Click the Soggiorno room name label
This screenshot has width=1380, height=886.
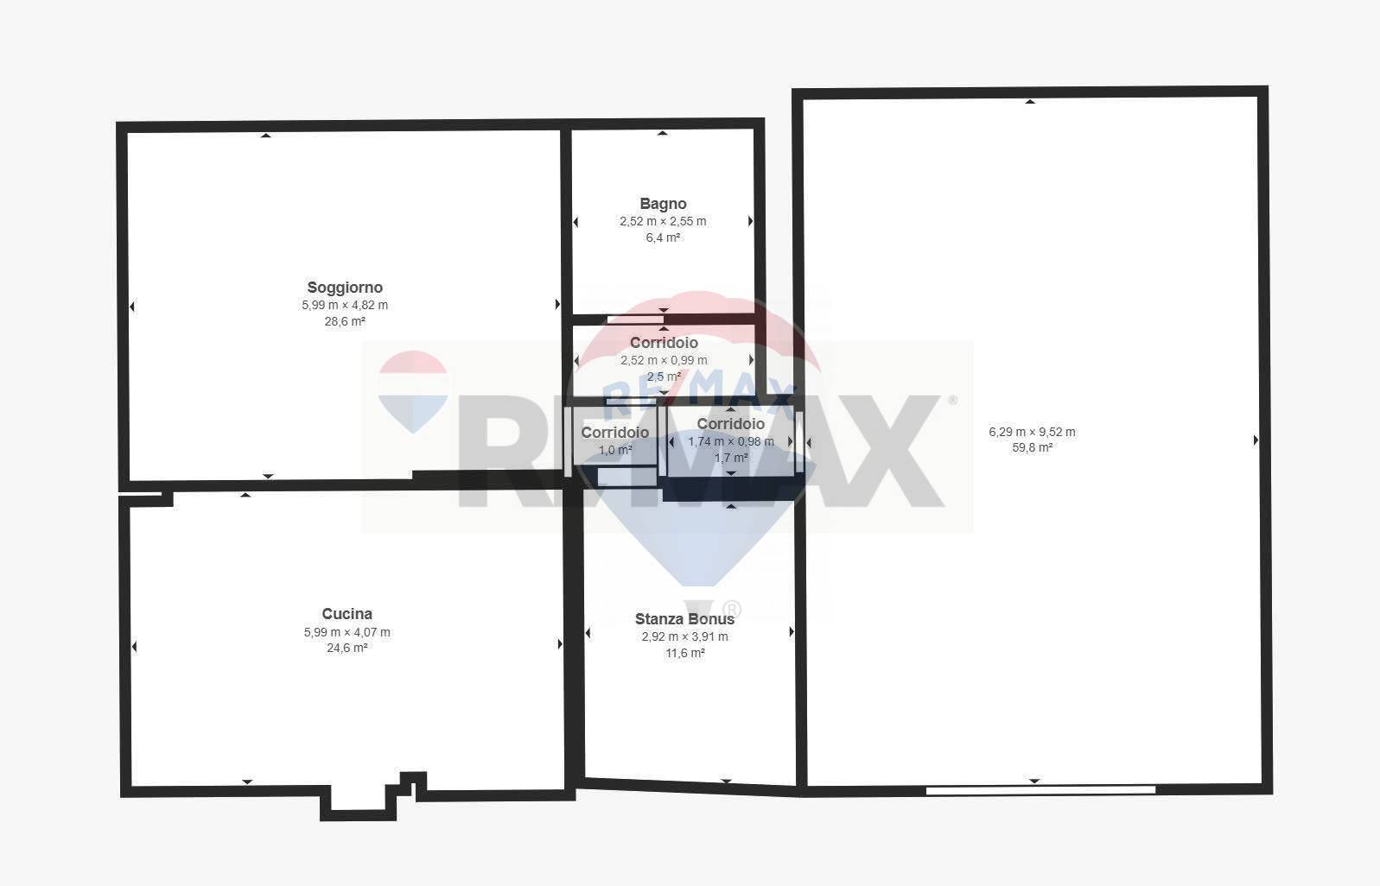click(x=345, y=288)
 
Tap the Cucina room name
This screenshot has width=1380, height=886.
click(x=347, y=614)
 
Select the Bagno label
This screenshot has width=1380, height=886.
click(x=663, y=204)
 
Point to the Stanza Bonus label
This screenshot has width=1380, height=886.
click(x=684, y=619)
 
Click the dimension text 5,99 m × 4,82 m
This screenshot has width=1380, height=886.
click(x=345, y=305)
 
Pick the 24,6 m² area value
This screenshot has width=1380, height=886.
click(x=347, y=648)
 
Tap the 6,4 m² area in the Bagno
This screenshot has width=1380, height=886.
click(x=663, y=237)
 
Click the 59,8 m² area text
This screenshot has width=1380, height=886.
click(x=1032, y=447)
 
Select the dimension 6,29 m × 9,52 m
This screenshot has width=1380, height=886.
click(x=1032, y=432)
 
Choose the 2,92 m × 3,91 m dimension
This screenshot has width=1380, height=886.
click(x=684, y=636)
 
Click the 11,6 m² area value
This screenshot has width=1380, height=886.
click(x=684, y=653)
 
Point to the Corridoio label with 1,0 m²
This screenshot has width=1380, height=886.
click(x=615, y=433)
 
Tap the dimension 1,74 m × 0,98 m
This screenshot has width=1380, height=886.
click(x=731, y=441)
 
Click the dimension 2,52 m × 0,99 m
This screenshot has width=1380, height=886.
click(x=664, y=360)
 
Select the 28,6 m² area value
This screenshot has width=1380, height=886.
click(x=345, y=321)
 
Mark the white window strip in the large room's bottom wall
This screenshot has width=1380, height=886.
click(x=1040, y=790)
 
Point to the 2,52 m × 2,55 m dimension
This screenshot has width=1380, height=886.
click(x=663, y=221)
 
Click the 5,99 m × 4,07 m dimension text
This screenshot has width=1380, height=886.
click(x=347, y=632)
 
